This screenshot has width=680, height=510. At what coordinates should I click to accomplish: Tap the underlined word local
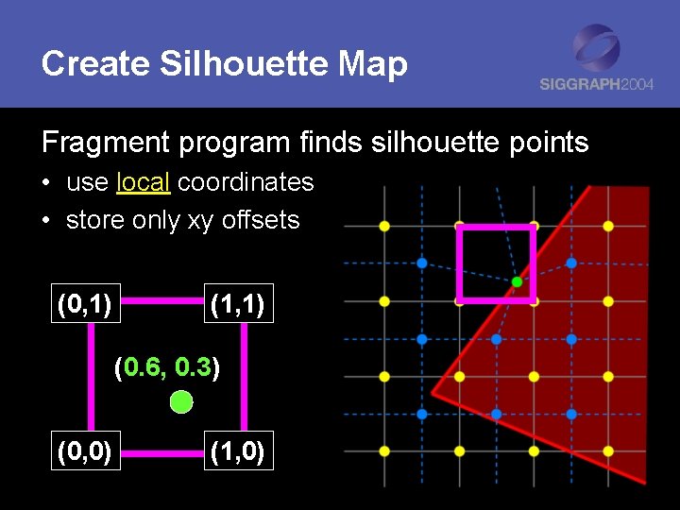(x=143, y=182)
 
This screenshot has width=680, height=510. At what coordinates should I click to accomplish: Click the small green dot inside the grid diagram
(x=517, y=281)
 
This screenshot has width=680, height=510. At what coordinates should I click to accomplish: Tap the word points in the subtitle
(x=544, y=143)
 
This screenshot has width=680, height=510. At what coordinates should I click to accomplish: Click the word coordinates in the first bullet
(x=246, y=182)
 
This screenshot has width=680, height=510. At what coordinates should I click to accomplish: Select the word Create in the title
(x=95, y=64)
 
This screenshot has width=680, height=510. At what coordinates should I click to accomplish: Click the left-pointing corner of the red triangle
(x=433, y=392)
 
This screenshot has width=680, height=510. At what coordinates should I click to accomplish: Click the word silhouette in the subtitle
(x=406, y=143)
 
